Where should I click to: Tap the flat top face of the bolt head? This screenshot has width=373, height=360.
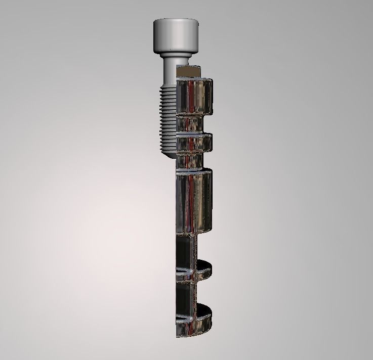175,21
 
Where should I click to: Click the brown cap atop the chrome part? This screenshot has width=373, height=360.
189,71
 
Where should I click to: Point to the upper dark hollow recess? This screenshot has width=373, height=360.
184,253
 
